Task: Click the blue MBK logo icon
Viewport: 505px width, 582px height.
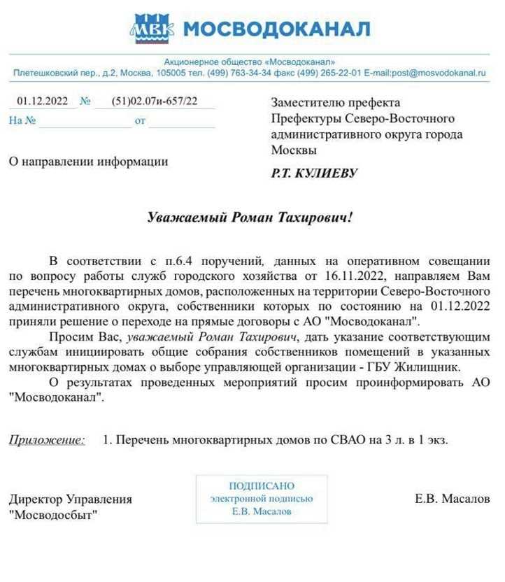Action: [x=151, y=29]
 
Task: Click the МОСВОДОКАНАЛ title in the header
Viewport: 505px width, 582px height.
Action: [x=276, y=29]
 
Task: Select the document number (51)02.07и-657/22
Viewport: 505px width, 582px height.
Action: [x=154, y=101]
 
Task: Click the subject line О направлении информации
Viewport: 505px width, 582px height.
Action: [x=88, y=162]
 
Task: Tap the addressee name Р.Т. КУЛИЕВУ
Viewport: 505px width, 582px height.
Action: [x=314, y=173]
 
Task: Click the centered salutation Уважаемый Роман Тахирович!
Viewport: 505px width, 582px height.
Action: [x=250, y=218]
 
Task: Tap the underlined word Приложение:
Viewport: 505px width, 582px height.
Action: [x=47, y=440]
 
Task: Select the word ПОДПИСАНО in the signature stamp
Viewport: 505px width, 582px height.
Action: [x=262, y=485]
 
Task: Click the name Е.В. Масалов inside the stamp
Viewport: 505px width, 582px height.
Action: [x=262, y=511]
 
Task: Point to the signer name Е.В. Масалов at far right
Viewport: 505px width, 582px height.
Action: [x=452, y=499]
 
